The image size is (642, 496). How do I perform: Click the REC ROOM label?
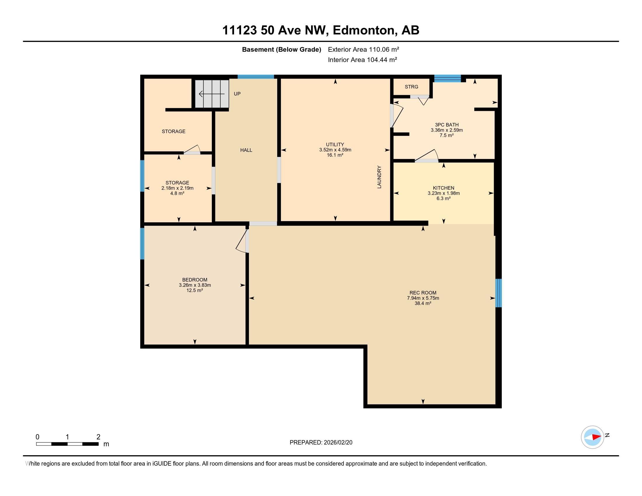pyautogui.click(x=423, y=293)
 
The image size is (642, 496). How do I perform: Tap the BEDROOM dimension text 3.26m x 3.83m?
pyautogui.click(x=195, y=285)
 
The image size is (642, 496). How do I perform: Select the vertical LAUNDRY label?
pyautogui.click(x=379, y=177)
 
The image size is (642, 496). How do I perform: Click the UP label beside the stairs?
pyautogui.click(x=237, y=94)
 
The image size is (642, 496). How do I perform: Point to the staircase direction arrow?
pyautogui.click(x=212, y=94)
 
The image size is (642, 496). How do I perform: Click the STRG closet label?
pyautogui.click(x=411, y=87)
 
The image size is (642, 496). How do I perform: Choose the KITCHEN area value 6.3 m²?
pyautogui.click(x=444, y=198)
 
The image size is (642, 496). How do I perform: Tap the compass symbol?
pyautogui.click(x=592, y=437)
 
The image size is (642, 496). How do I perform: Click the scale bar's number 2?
pyautogui.click(x=98, y=437)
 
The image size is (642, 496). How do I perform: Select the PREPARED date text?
pyautogui.click(x=321, y=443)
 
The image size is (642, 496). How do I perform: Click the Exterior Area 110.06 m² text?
pyautogui.click(x=363, y=49)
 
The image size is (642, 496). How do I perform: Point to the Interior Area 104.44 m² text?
pyautogui.click(x=362, y=60)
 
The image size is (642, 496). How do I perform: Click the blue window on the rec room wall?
pyautogui.click(x=498, y=293)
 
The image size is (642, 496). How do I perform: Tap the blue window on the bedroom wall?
pyautogui.click(x=142, y=244)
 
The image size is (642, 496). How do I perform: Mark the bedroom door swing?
pyautogui.click(x=242, y=242)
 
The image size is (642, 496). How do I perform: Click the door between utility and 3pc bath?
pyautogui.click(x=396, y=116)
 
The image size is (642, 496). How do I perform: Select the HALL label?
pyautogui.click(x=246, y=150)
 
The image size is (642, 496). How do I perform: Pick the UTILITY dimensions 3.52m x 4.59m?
pyautogui.click(x=335, y=150)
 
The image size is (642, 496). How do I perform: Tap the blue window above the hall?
pyautogui.click(x=256, y=77)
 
